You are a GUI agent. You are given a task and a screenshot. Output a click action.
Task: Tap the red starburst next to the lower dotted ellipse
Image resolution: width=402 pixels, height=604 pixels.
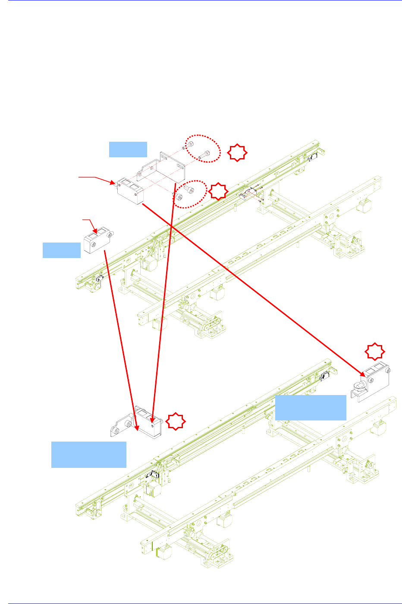coord(219,191)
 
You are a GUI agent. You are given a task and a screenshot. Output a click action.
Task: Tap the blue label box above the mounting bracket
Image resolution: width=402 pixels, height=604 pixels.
coord(128,149)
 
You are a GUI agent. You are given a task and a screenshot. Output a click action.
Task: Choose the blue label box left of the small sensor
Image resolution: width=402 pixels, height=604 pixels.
coord(62,250)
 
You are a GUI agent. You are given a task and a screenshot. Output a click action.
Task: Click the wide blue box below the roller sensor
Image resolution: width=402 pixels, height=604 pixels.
coord(311,407)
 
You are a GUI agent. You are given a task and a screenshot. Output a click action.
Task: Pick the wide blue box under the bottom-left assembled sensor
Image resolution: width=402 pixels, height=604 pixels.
coord(89,454)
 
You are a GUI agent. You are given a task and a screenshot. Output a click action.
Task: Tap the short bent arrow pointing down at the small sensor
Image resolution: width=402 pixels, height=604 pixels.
coord(90,224)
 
